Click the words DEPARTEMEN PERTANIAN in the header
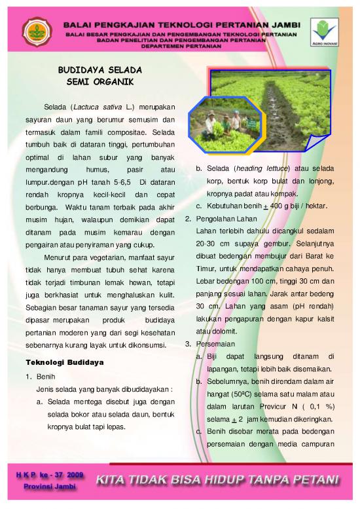(x=177, y=47)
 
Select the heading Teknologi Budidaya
(x=64, y=362)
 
